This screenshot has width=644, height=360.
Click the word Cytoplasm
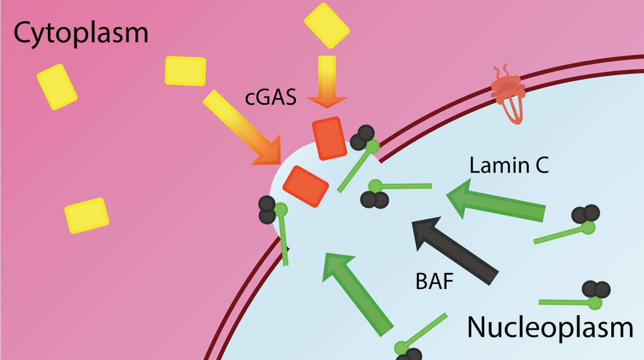coord(80,33)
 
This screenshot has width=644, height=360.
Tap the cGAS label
coord(271,97)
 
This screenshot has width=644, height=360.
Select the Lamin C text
coord(509,165)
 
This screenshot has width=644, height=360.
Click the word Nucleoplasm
coord(550,327)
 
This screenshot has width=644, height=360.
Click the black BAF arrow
coord(453,250)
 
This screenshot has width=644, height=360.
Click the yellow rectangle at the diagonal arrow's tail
coord(186,70)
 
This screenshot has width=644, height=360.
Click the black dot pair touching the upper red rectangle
coord(363,138)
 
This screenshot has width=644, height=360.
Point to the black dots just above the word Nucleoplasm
coord(596,290)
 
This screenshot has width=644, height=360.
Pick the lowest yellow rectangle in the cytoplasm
coord(87,215)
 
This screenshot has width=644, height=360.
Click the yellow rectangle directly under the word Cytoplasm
coord(57,87)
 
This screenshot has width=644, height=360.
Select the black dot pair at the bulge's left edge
coord(267,210)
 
